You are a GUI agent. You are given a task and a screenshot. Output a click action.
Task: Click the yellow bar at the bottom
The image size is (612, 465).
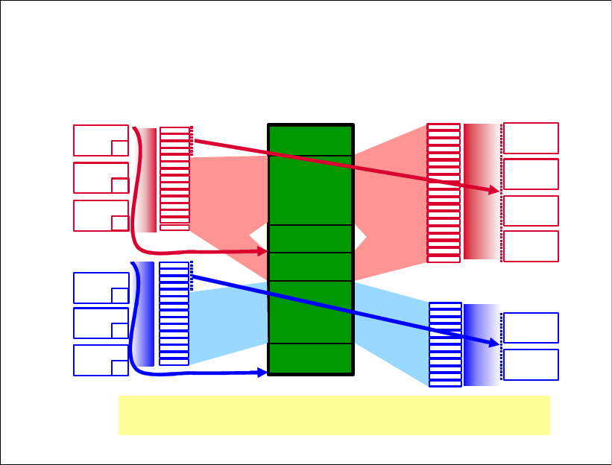334,415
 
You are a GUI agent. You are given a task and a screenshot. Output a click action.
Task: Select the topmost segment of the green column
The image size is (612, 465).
310,141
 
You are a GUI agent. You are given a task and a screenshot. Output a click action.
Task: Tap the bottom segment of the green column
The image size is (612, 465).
310,358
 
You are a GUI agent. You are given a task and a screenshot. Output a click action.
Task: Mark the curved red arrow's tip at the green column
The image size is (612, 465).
263,253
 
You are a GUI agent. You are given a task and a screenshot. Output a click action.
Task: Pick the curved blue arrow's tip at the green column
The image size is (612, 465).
263,372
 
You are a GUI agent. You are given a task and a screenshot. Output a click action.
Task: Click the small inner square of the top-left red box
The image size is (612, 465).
119,148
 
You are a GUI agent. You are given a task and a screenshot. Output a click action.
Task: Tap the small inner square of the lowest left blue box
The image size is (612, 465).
119,367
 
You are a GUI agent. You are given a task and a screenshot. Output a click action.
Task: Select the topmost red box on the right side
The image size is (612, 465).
531,138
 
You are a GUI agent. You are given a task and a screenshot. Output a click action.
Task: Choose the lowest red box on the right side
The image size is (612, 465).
531,246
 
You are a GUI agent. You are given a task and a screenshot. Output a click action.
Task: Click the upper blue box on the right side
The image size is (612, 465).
531,328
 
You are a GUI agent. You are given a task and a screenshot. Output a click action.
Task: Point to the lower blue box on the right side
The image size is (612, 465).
531,364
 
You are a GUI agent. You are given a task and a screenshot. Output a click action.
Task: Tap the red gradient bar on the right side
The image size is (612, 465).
481,192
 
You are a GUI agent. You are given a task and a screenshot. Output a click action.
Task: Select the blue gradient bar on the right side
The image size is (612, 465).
481,344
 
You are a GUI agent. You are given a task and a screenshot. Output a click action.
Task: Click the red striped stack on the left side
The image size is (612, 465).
174,179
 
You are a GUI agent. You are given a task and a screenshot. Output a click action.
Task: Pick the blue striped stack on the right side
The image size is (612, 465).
445,344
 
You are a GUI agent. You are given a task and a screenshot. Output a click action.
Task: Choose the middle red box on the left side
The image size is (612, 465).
101,178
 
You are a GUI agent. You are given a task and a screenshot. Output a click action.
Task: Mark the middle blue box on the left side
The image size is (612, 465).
101,323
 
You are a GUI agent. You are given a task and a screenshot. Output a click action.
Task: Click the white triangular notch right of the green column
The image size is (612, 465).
359,238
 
